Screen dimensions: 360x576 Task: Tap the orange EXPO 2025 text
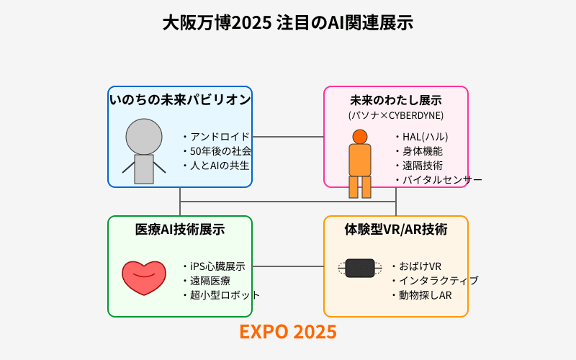click(x=288, y=332)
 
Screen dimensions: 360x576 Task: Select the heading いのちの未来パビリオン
click(x=180, y=99)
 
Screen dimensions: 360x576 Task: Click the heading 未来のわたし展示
click(x=396, y=100)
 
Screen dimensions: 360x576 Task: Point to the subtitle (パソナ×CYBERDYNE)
click(x=396, y=115)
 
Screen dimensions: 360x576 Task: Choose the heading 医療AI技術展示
click(x=180, y=230)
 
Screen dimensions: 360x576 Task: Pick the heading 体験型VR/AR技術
click(x=396, y=230)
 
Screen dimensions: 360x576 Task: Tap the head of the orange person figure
click(x=360, y=137)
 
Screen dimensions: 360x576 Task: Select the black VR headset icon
click(x=360, y=268)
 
